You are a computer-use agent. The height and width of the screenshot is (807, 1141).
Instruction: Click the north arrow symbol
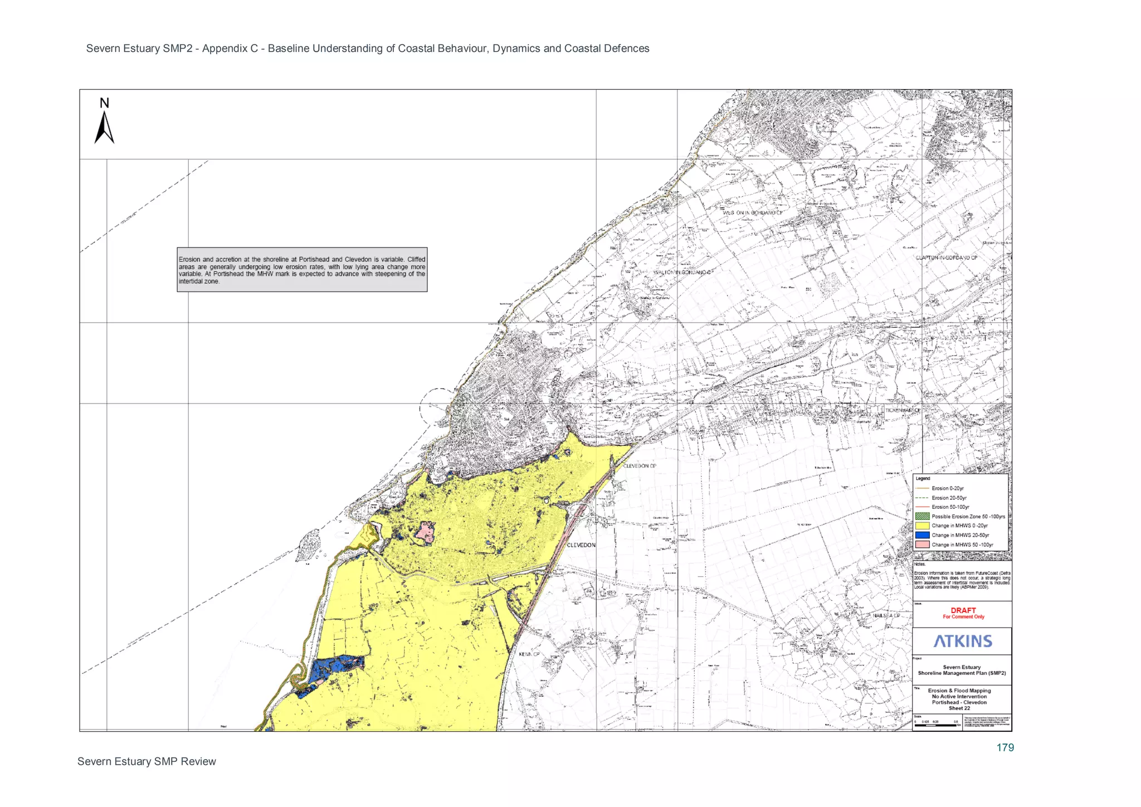tap(104, 128)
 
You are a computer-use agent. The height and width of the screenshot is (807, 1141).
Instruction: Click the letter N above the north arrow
tap(104, 103)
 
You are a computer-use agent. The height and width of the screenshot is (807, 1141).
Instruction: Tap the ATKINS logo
tap(963, 641)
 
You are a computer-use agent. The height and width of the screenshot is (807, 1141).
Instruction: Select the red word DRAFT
tap(963, 610)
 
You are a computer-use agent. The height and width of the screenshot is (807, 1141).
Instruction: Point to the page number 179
tap(1005, 748)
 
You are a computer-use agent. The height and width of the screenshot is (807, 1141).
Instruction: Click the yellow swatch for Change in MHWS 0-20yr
tap(922, 526)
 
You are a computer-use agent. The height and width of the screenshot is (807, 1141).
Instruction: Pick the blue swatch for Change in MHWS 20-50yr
tap(922, 535)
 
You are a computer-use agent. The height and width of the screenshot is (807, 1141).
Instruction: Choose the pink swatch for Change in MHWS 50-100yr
tap(922, 545)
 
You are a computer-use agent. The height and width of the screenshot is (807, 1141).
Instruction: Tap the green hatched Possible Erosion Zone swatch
tap(922, 516)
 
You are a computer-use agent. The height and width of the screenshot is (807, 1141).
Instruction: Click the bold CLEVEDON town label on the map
tap(581, 545)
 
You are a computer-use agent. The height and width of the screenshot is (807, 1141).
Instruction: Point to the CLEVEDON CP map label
tap(640, 466)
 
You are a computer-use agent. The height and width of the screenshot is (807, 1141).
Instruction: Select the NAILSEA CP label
tap(886, 615)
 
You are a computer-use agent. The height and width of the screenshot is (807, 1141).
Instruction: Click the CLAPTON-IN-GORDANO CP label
tap(947, 258)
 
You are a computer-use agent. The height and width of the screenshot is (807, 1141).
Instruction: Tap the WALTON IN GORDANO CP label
tap(683, 273)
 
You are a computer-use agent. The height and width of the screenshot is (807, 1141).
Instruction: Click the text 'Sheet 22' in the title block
tap(959, 708)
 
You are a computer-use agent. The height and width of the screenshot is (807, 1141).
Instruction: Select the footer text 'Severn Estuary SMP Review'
tap(147, 762)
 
